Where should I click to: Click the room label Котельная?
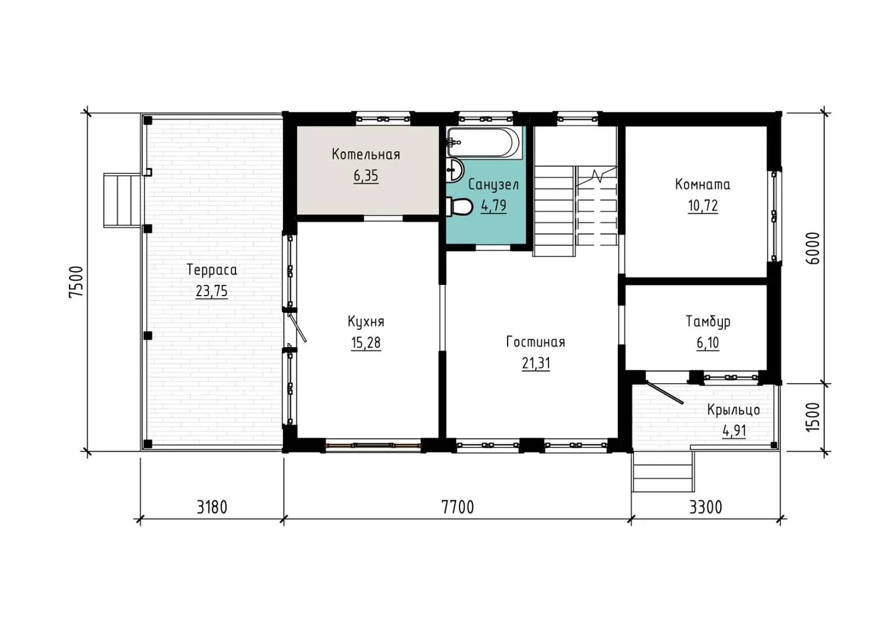tap(365, 154)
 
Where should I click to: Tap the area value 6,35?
tap(365, 176)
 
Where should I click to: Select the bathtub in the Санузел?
tap(484, 142)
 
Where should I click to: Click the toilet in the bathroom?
tap(459, 206)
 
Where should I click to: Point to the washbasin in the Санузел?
tap(454, 170)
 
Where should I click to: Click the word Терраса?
tap(211, 270)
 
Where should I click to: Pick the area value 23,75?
tap(211, 291)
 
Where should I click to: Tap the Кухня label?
tap(365, 322)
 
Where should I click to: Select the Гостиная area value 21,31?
tap(536, 363)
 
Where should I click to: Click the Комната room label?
tap(703, 184)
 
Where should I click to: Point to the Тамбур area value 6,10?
tap(708, 343)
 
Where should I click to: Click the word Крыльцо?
tap(734, 410)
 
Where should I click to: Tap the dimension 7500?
tap(76, 281)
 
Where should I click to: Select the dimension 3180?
tap(212, 507)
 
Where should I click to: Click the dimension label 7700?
tap(457, 507)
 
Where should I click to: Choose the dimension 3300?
tap(705, 507)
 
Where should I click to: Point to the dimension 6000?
tap(813, 248)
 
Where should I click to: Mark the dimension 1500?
tap(813, 417)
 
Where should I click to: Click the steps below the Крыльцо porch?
tap(663, 472)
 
